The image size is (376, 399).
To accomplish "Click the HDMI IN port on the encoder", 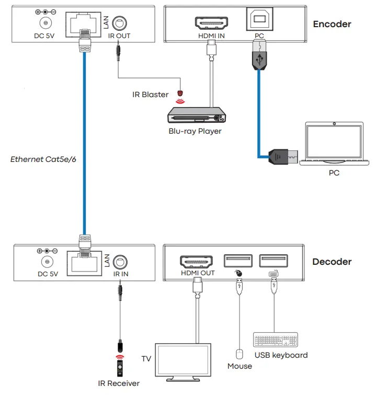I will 211,23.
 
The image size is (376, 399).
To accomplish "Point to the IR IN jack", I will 121,261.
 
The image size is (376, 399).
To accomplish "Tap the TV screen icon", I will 183,359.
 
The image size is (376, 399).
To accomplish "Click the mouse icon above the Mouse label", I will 240,354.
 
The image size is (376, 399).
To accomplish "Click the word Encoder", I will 332,24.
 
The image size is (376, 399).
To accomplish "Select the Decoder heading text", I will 332,262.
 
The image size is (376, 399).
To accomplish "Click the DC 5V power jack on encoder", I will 47,23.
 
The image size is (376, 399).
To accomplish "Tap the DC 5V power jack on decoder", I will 47,261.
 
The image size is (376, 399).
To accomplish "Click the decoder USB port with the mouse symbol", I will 238,260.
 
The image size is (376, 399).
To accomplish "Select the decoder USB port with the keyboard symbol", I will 273,260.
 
